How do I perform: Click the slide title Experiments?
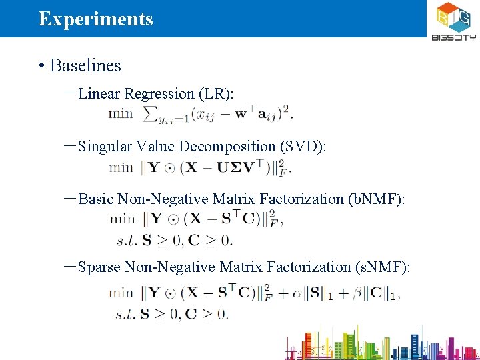point(96,19)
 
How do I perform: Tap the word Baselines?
point(85,65)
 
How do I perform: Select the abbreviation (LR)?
point(216,94)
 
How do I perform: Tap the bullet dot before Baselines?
point(41,65)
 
